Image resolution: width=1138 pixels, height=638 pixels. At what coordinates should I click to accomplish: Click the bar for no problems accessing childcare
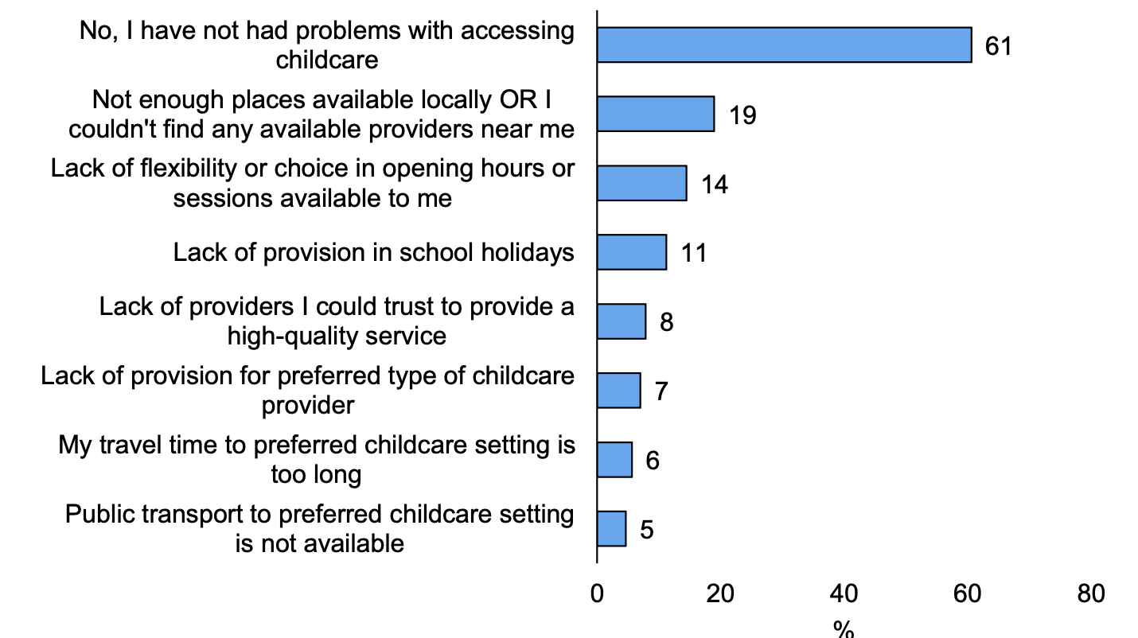tap(784, 45)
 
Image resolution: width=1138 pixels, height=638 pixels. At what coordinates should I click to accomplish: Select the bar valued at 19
tap(655, 115)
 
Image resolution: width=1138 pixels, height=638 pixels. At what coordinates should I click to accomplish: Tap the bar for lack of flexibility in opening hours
tap(641, 183)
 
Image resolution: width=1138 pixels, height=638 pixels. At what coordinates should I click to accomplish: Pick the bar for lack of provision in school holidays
tap(632, 252)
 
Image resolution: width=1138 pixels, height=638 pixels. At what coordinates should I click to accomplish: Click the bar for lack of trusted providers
tap(622, 321)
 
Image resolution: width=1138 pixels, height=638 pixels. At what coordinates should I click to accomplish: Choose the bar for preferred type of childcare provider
tap(618, 391)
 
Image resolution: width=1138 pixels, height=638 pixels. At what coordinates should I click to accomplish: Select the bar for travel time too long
tap(614, 460)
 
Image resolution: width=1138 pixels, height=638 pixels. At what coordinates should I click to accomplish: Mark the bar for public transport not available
tap(611, 529)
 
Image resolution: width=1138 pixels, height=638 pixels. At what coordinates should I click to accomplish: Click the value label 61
tap(997, 46)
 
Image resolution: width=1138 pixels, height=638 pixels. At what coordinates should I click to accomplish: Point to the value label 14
tap(714, 185)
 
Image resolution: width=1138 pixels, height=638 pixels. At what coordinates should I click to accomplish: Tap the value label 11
tap(693, 254)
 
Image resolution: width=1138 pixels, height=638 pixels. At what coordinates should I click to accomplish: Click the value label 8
tap(667, 323)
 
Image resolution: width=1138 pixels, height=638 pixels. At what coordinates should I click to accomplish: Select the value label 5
tap(647, 531)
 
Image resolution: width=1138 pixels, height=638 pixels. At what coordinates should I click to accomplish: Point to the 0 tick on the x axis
tap(597, 593)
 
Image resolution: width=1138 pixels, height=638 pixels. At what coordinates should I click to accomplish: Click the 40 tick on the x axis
tap(844, 593)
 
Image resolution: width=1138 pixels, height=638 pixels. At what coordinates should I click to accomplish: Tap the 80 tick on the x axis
tap(1090, 593)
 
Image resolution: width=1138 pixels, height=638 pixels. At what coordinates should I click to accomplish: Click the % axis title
tap(844, 628)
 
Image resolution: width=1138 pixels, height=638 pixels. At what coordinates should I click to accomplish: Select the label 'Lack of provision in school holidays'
tap(374, 253)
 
